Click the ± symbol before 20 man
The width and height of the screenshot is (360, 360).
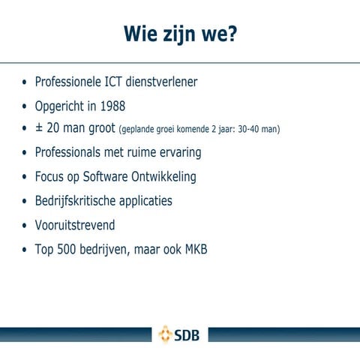click(39, 128)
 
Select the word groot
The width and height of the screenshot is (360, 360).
click(100, 129)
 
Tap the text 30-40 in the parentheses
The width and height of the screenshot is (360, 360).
click(249, 130)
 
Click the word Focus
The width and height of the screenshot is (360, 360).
click(49, 177)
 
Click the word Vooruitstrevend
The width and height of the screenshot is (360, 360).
click(75, 225)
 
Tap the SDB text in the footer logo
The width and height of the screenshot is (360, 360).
click(187, 334)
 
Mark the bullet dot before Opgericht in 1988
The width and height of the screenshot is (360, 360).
click(25, 106)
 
